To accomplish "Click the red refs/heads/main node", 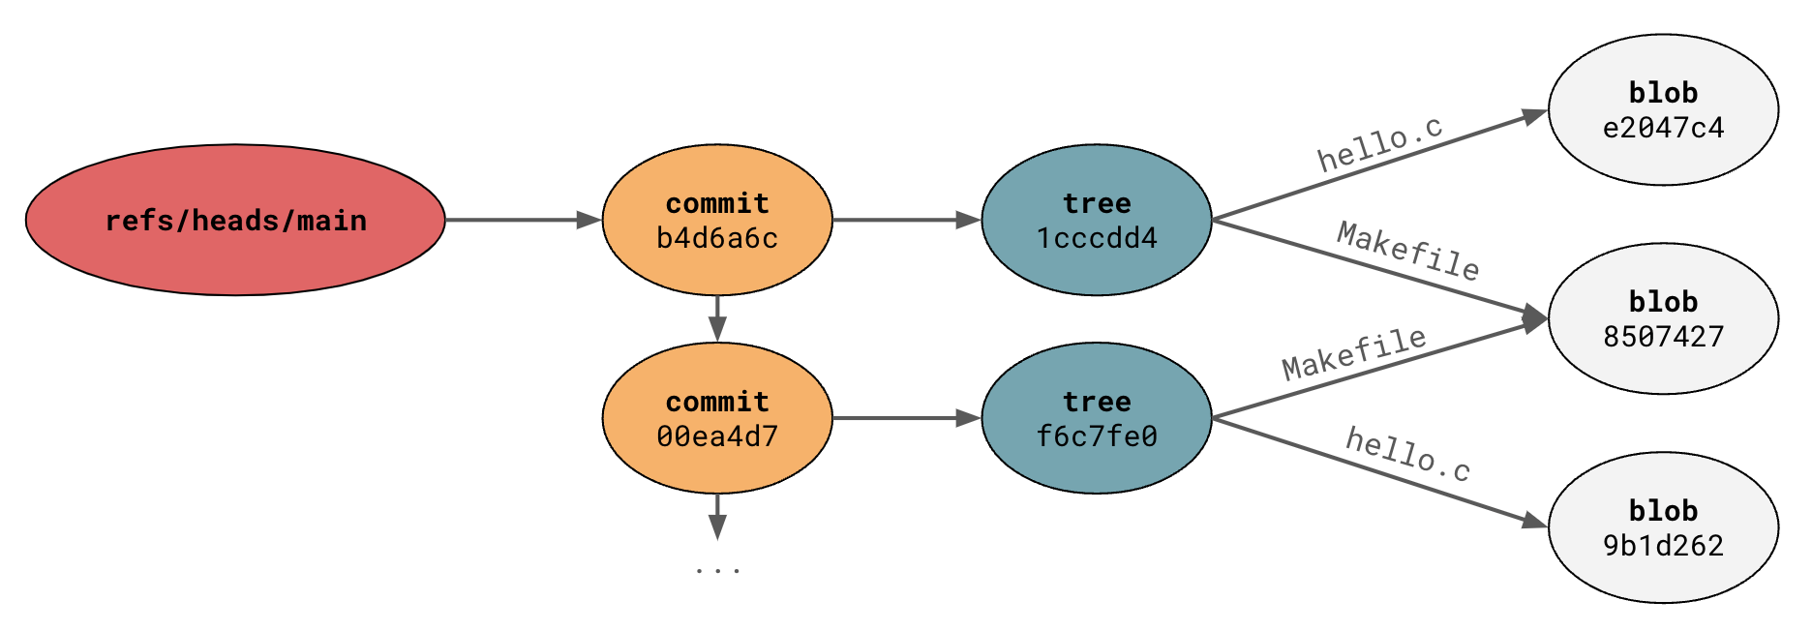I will pos(235,220).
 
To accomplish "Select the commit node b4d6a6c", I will pos(717,220).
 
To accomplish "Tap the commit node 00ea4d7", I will pos(717,418).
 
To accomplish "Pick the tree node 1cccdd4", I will pos(1097,220).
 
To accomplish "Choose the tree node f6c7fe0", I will pos(1097,418).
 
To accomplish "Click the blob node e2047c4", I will pos(1663,109).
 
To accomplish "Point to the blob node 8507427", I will pos(1663,318).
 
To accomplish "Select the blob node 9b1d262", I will pos(1663,527).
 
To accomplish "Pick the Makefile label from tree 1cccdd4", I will pos(1408,251).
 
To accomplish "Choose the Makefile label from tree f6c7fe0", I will pos(1354,354).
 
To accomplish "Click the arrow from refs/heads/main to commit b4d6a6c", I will pos(523,220).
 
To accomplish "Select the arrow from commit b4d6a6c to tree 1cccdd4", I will pos(906,220).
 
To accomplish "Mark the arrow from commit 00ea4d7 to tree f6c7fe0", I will pos(906,418).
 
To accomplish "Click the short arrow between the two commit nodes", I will pos(717,318).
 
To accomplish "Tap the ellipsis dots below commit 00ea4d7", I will pos(717,570).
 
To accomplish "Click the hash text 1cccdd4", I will pos(1097,238).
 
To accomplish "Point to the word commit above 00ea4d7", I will pos(717,402).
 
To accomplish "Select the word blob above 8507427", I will pos(1663,302).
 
